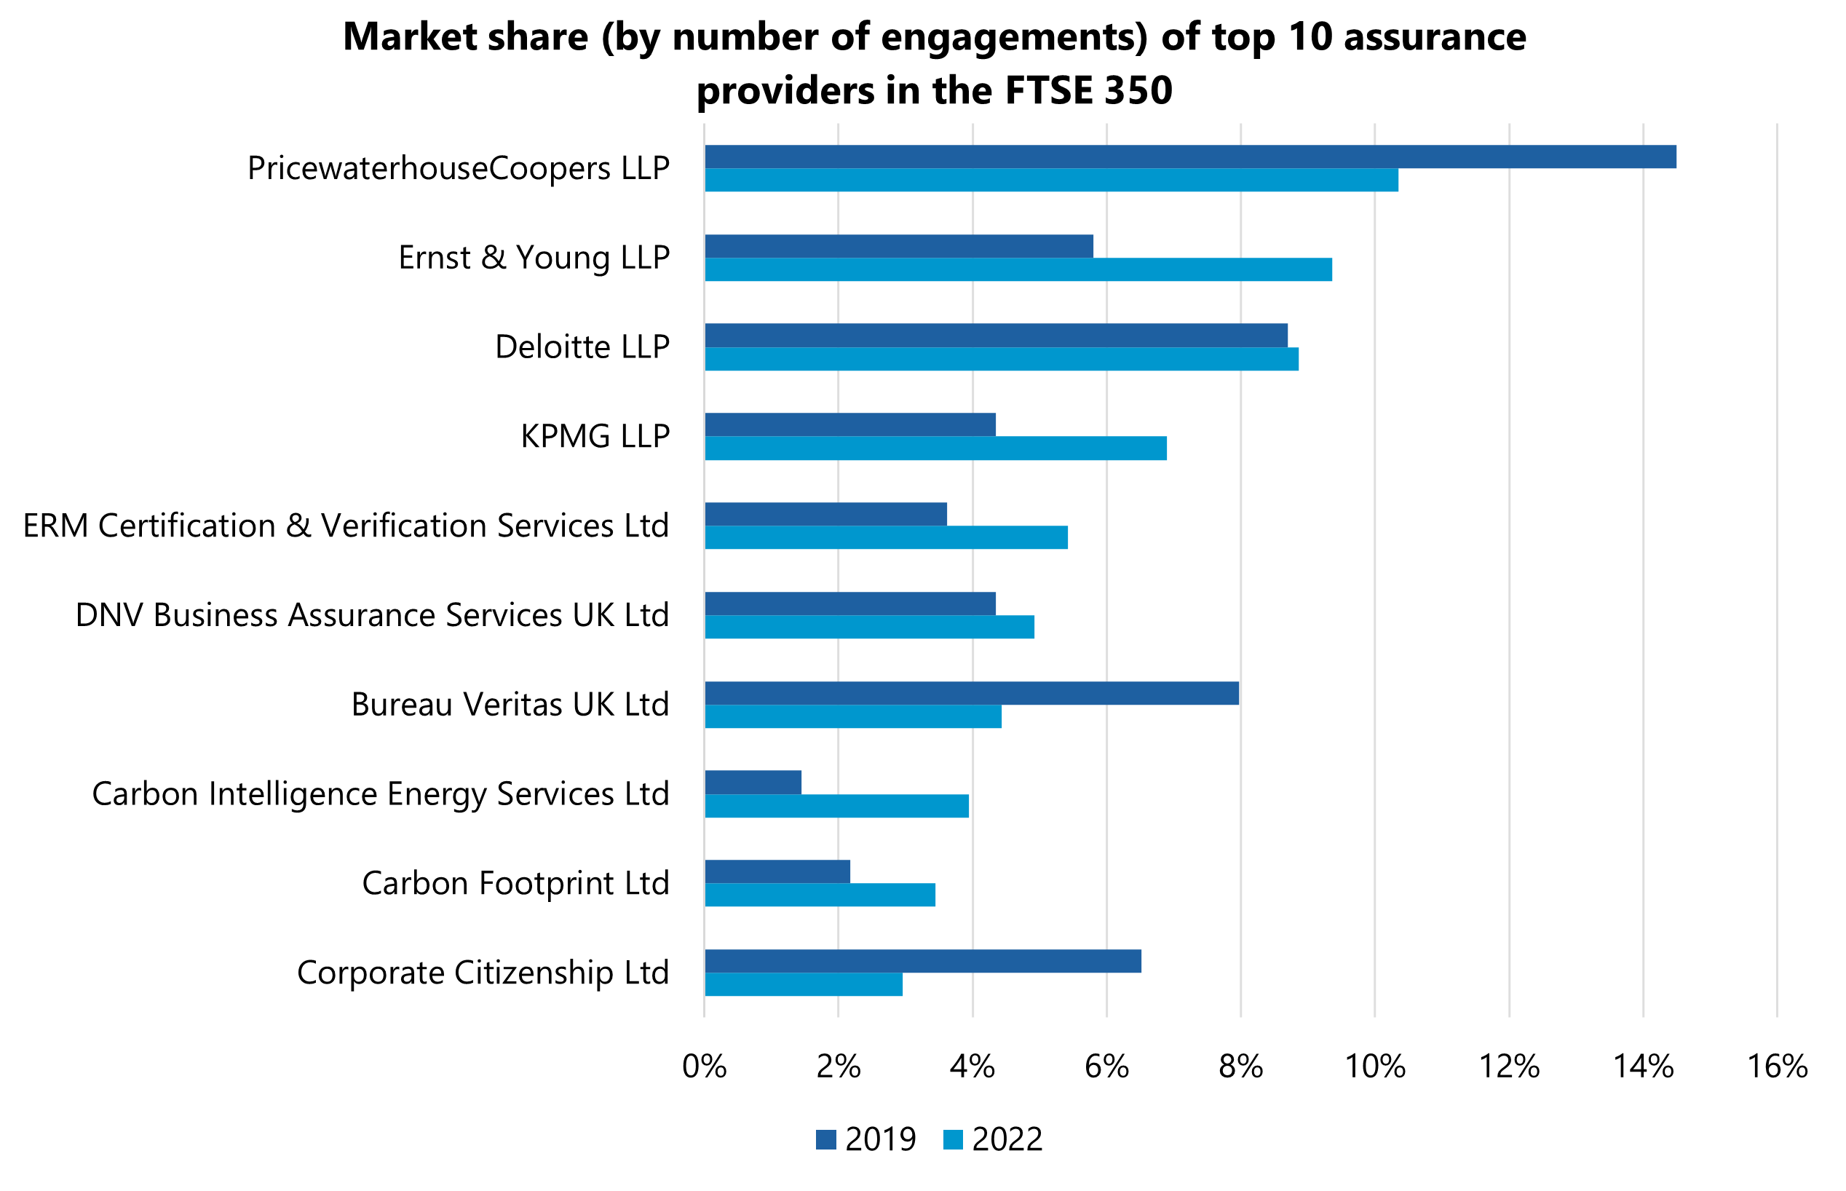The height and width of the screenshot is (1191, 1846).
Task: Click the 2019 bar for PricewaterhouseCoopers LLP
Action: click(x=1189, y=157)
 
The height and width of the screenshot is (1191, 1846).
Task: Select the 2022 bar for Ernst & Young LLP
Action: click(x=1018, y=270)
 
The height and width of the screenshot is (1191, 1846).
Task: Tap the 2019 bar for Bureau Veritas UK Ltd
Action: click(x=971, y=693)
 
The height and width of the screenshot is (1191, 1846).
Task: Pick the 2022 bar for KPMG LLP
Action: click(x=935, y=448)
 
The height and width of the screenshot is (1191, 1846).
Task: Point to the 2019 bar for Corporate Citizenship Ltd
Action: click(x=922, y=961)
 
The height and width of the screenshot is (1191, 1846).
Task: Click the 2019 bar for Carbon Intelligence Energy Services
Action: click(x=753, y=783)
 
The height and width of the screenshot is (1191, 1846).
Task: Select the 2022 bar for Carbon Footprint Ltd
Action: click(x=820, y=895)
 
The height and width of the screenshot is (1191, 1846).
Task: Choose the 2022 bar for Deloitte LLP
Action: click(x=1002, y=360)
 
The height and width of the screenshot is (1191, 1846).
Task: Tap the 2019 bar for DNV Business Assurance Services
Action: click(x=850, y=604)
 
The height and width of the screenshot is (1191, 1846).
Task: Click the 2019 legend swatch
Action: click(x=826, y=1140)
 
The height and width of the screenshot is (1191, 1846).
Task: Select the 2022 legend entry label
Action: click(x=1007, y=1140)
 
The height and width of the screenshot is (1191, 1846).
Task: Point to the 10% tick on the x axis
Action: click(x=1374, y=1067)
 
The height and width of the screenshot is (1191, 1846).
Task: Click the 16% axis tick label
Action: click(x=1777, y=1067)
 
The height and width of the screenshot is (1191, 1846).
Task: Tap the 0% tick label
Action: click(x=704, y=1067)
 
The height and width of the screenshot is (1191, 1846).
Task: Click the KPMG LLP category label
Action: click(x=595, y=437)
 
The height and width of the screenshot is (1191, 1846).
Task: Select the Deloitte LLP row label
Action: click(x=582, y=347)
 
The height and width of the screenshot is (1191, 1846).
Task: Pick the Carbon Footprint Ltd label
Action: click(x=515, y=883)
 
